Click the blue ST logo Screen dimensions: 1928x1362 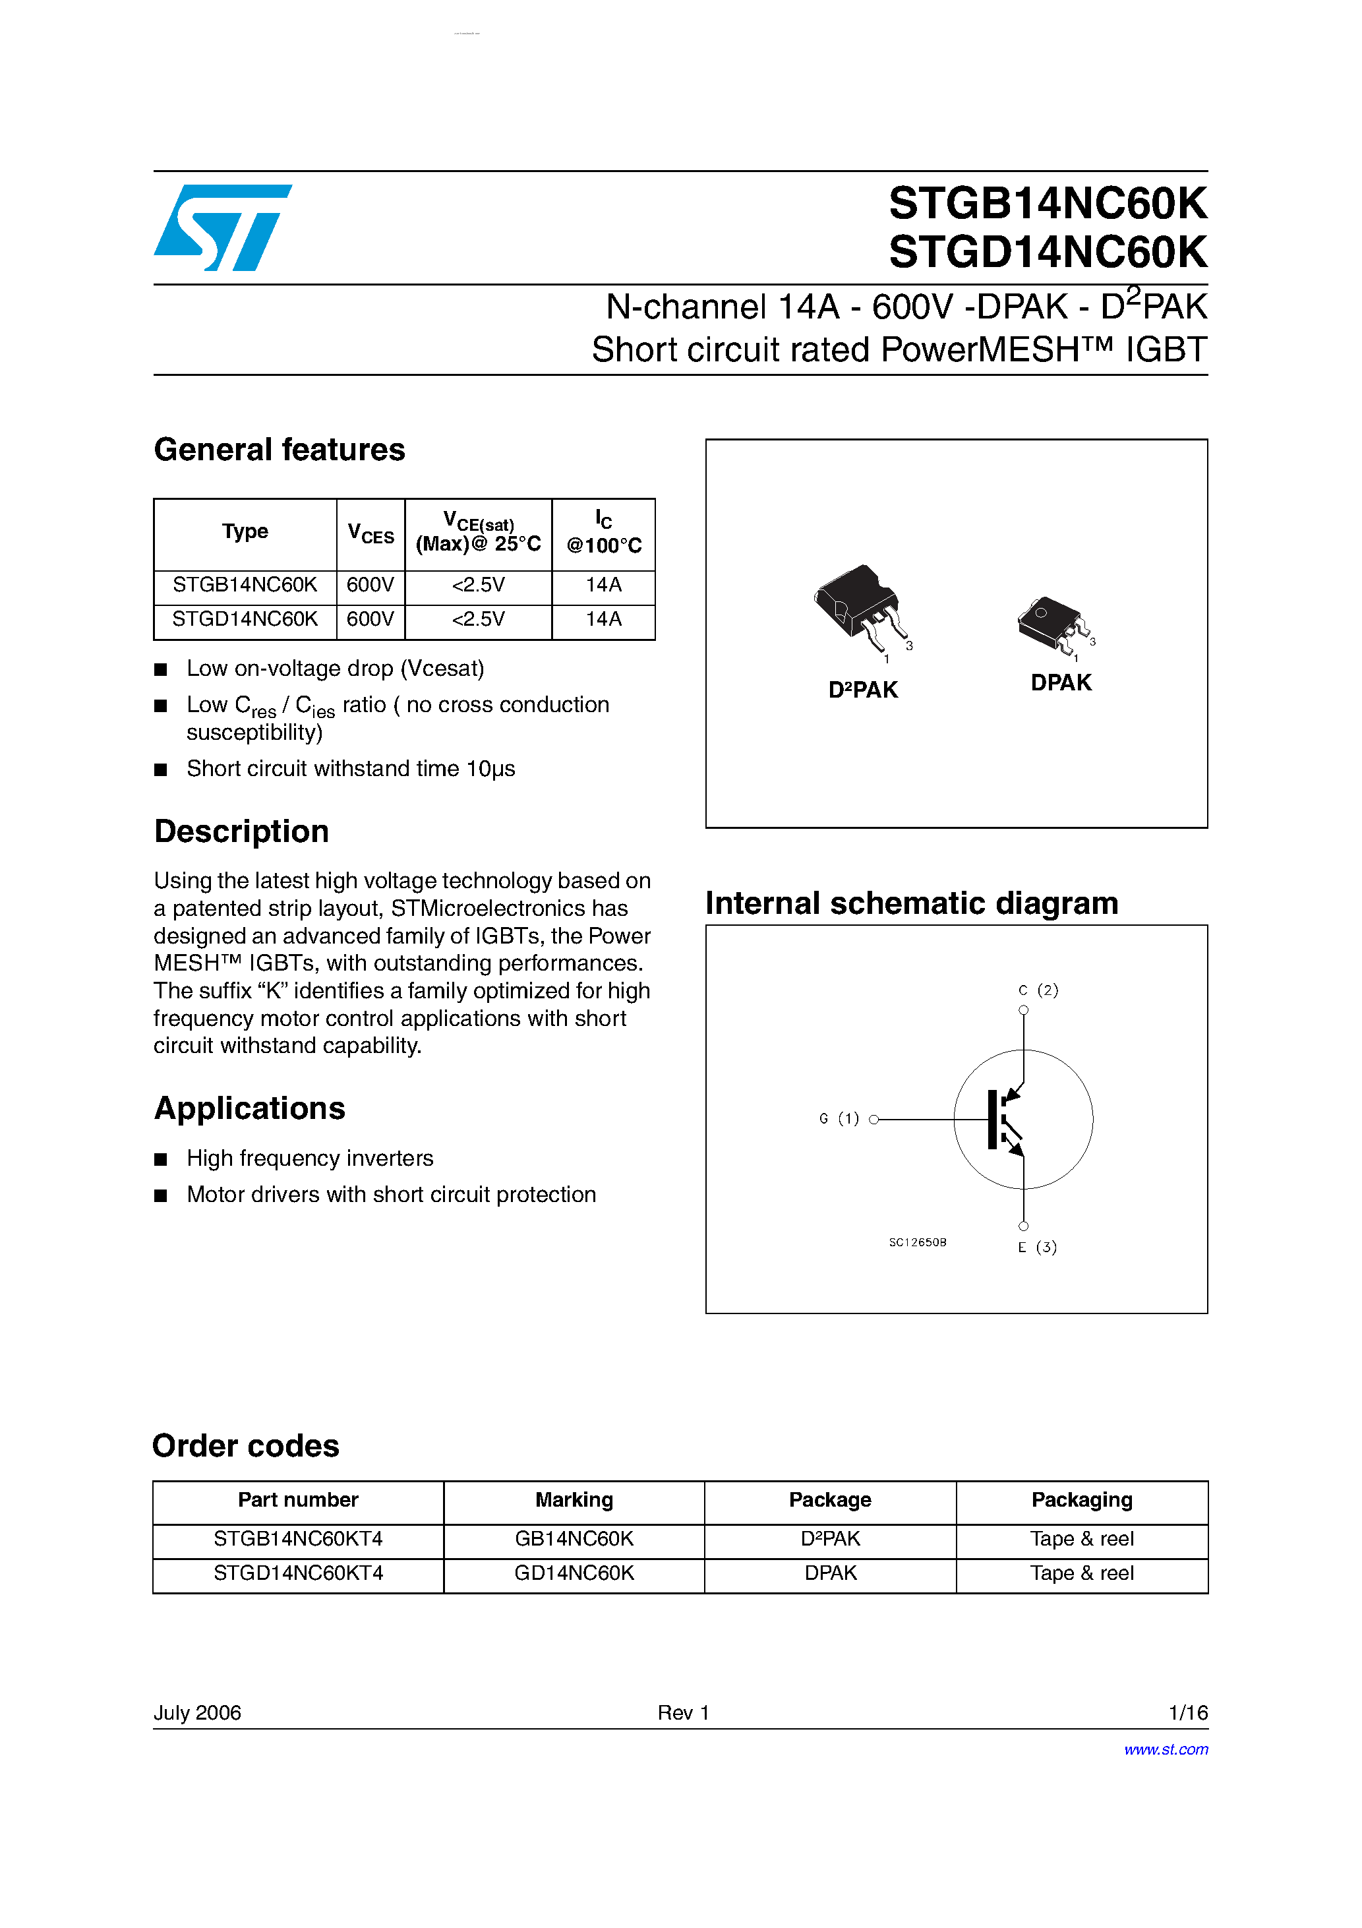pos(223,227)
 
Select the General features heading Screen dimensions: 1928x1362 pos(279,450)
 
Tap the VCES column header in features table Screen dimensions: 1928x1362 pos(370,534)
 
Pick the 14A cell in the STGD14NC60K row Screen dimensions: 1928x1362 pos(603,619)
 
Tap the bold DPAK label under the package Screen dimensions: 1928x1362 pos(1061,682)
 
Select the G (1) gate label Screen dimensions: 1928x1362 pos(838,1118)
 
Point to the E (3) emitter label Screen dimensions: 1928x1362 pos(1037,1247)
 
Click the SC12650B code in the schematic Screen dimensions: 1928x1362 pos(917,1242)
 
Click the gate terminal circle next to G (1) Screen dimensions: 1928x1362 pos(873,1120)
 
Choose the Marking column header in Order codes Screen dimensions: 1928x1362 pos(574,1500)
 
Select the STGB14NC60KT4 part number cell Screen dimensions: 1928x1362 pos(298,1538)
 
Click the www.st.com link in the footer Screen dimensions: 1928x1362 pos(1166,1749)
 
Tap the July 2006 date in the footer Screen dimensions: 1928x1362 pos(197,1712)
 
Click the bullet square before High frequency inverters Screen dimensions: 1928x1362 pos(162,1160)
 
